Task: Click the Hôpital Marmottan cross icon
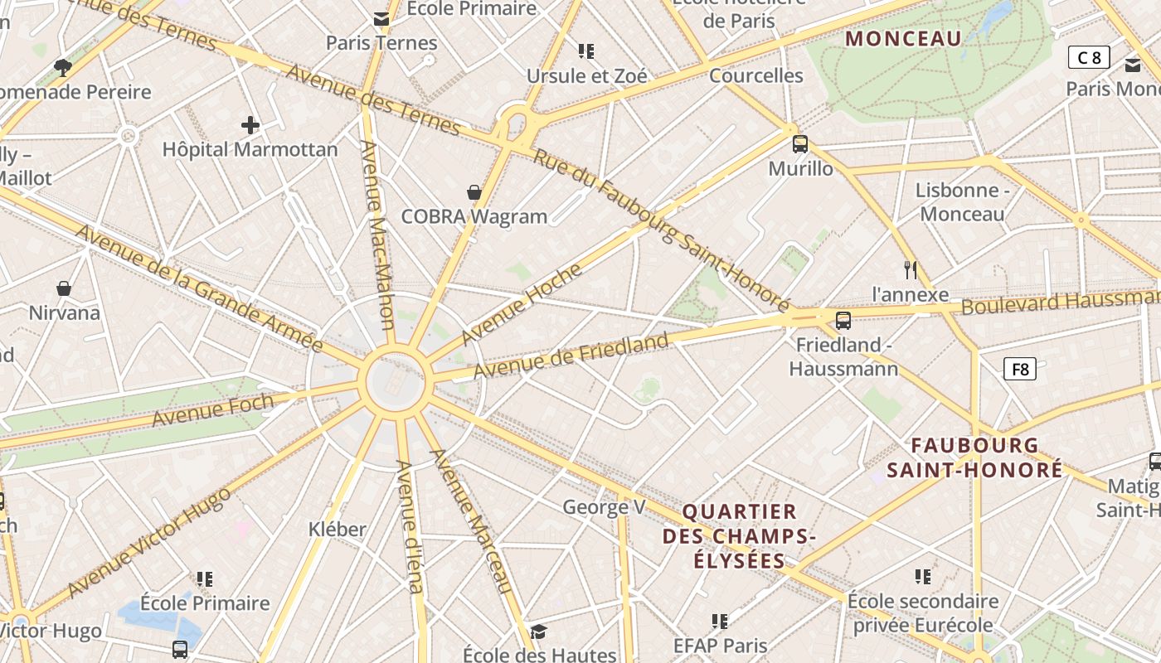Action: coord(250,126)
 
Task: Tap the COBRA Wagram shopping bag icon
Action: coord(474,192)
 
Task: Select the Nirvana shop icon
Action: coord(64,288)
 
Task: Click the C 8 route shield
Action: coord(1089,57)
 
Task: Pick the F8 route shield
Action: coord(1020,369)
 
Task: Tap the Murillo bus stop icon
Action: coord(800,144)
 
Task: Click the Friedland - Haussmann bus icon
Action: coord(843,320)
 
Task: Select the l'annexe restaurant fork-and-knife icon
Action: coord(911,269)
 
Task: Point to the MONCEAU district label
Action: coord(903,38)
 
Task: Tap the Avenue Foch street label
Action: coord(213,410)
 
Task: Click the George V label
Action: coord(604,506)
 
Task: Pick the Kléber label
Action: coord(338,529)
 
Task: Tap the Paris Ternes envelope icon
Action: coord(381,18)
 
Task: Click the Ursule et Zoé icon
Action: coord(586,51)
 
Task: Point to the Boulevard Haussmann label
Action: coord(1060,301)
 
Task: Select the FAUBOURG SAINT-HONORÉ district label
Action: coord(974,457)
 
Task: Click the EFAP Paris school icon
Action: coord(720,621)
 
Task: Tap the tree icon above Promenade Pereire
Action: coord(62,67)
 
